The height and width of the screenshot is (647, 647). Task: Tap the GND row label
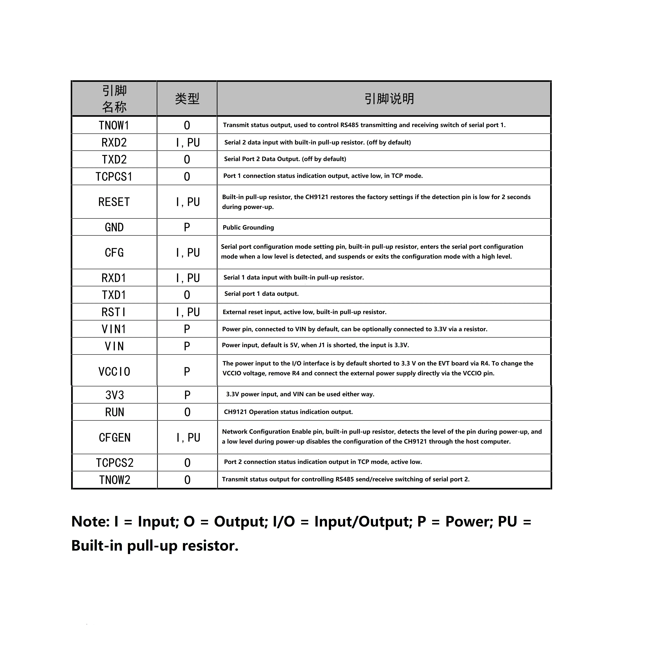(114, 227)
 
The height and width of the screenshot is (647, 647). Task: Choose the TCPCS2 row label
(115, 463)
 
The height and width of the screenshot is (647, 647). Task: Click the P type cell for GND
(187, 227)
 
